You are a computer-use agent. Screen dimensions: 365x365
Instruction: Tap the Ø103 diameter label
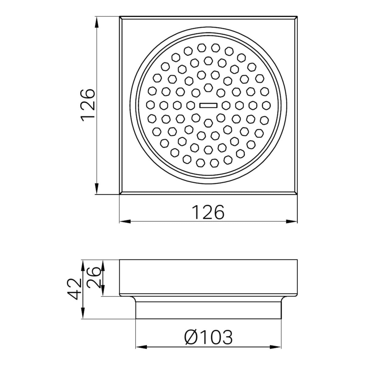point(208,337)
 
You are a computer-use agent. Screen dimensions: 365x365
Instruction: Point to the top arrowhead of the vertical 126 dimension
point(97,20)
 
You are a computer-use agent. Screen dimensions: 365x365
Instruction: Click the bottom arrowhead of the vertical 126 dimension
point(97,190)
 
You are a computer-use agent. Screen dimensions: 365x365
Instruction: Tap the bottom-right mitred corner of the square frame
point(295,193)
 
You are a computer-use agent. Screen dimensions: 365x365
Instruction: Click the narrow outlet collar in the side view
point(208,309)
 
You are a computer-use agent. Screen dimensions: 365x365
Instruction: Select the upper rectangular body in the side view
point(208,277)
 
